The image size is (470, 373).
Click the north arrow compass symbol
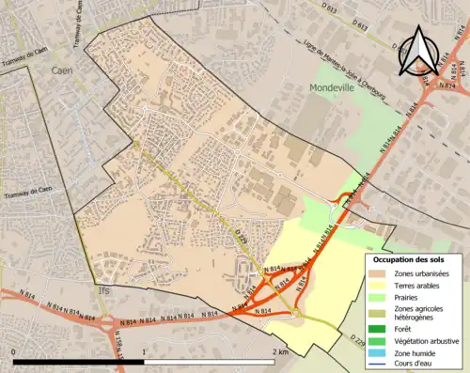(415, 53)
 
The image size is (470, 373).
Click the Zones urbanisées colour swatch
(379, 272)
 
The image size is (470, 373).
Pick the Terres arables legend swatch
(379, 285)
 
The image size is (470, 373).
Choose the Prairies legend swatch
(379, 297)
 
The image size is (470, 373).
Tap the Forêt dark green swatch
(379, 328)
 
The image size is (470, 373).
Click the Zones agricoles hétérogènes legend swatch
(379, 313)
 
